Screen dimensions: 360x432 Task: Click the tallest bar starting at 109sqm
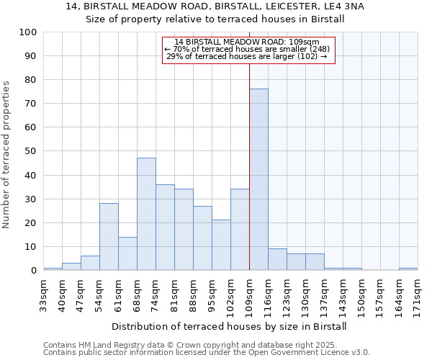(258, 179)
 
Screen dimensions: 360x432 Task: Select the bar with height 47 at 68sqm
(146, 214)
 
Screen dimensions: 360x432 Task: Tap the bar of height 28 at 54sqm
(109, 237)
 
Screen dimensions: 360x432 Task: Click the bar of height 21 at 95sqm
(221, 245)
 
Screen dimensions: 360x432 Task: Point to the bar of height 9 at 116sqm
(277, 259)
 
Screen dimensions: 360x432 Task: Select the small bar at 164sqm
(408, 269)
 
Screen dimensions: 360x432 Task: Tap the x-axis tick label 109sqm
(249, 296)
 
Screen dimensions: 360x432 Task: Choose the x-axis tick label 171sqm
(418, 296)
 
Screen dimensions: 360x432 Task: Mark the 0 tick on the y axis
(34, 271)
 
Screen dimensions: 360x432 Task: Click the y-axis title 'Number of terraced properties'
(6, 154)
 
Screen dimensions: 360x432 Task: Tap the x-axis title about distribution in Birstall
(230, 326)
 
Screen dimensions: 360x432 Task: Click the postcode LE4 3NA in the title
(344, 6)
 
